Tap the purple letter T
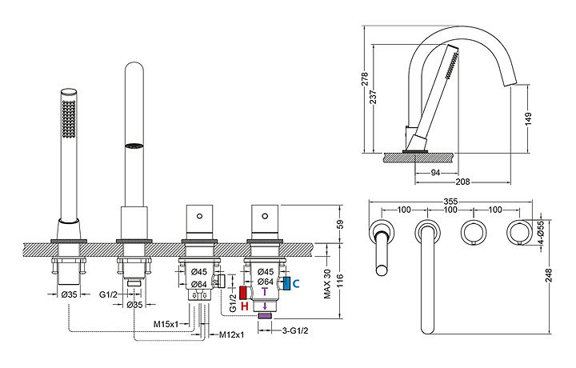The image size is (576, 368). point(266,294)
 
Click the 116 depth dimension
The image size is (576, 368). point(340,280)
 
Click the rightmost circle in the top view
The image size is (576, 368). point(516,233)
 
